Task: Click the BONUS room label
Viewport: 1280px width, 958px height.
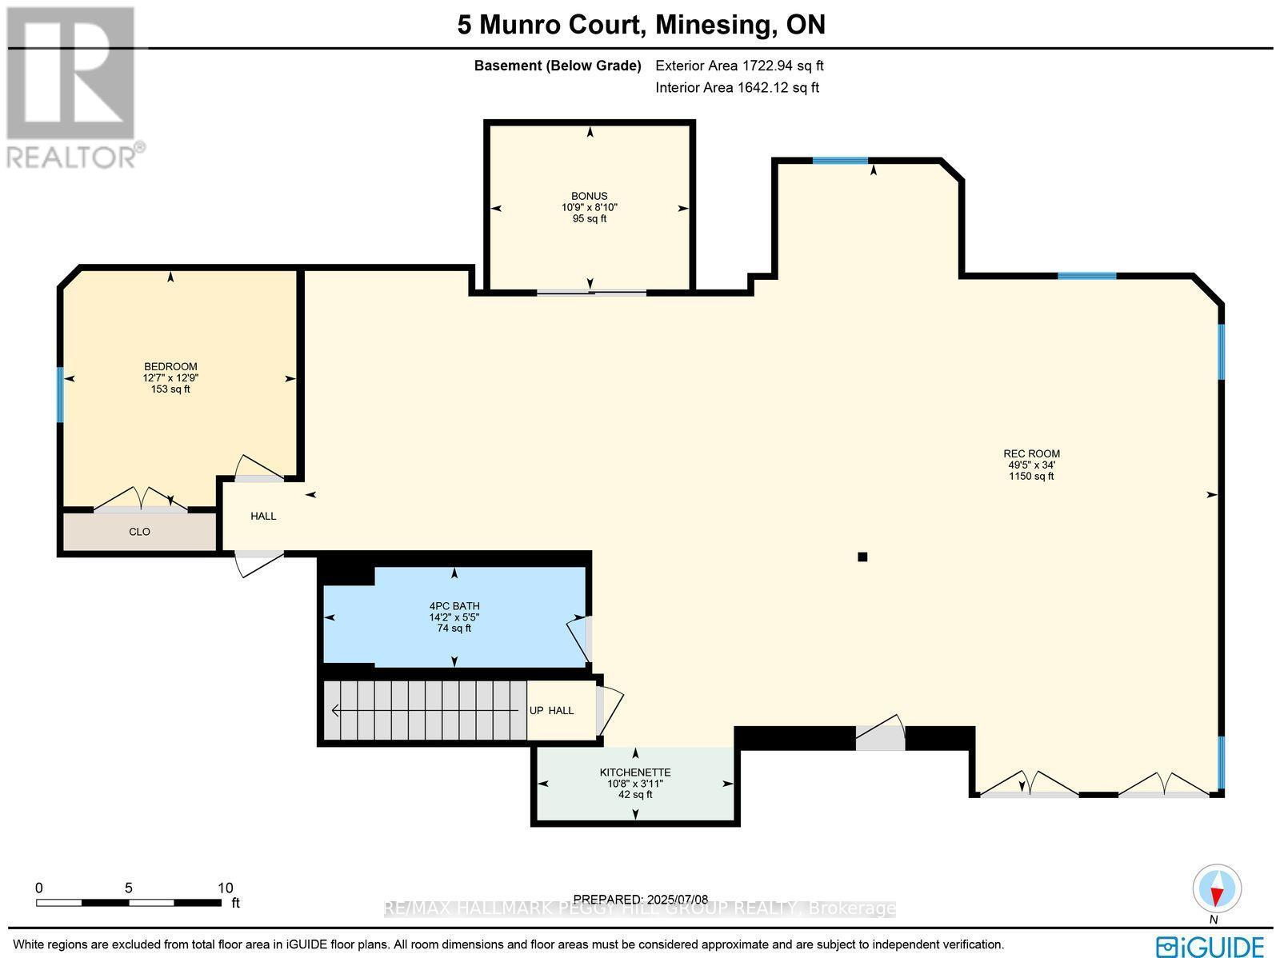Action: tap(589, 196)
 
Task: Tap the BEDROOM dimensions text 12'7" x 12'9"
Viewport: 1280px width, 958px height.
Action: tap(170, 378)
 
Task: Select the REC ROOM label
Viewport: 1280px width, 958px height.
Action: tap(1031, 453)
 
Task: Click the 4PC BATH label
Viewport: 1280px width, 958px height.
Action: tap(454, 605)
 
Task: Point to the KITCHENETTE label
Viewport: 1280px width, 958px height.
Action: tap(635, 772)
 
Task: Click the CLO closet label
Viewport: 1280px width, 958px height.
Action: tap(139, 532)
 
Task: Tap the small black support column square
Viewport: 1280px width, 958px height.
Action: tap(862, 557)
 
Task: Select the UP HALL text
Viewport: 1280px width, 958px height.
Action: tap(551, 710)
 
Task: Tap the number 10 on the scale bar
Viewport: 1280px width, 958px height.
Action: tap(225, 888)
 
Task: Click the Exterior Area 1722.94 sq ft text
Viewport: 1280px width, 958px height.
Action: tap(739, 66)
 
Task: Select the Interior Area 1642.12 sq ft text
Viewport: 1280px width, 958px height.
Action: tap(737, 88)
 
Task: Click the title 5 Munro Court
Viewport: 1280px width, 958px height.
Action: tap(550, 25)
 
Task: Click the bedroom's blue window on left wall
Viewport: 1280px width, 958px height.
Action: tap(60, 393)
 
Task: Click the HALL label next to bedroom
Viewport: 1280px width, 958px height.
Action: tap(263, 517)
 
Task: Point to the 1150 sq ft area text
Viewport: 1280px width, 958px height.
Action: tap(1031, 477)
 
